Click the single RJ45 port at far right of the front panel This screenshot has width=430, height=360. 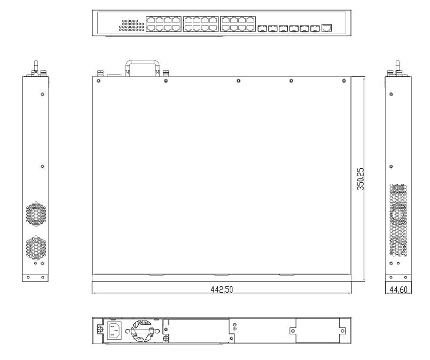(327, 27)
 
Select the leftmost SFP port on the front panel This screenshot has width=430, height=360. (262, 27)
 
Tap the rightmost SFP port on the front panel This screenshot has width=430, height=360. (315, 27)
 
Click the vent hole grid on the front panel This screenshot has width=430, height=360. (133, 25)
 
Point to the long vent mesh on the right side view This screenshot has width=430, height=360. (398, 219)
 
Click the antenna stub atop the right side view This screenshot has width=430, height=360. (396, 66)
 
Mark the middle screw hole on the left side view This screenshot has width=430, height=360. (42, 167)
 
